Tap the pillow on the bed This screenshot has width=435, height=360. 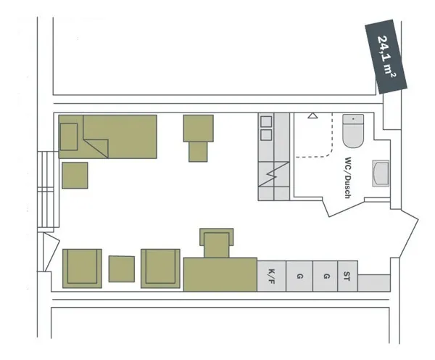(x=69, y=136)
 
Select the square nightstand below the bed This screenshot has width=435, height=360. (x=75, y=175)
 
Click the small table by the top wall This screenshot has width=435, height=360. (x=198, y=128)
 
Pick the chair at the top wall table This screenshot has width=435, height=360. (x=198, y=152)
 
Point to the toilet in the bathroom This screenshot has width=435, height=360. (x=354, y=131)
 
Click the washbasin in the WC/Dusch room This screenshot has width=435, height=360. (x=381, y=174)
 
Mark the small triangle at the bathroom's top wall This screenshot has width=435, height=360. (x=312, y=115)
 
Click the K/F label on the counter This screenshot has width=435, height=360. (x=271, y=276)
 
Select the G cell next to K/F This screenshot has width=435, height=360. (x=299, y=276)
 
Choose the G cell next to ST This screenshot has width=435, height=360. (x=326, y=276)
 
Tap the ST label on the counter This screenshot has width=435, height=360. (x=347, y=276)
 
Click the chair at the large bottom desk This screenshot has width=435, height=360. (x=217, y=243)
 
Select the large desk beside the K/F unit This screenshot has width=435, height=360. (x=220, y=274)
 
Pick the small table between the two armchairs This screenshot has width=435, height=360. (x=122, y=269)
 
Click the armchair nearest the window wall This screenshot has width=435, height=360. (x=82, y=268)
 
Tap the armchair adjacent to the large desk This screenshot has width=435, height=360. (x=160, y=268)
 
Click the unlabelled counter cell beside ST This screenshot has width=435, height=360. (x=375, y=282)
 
